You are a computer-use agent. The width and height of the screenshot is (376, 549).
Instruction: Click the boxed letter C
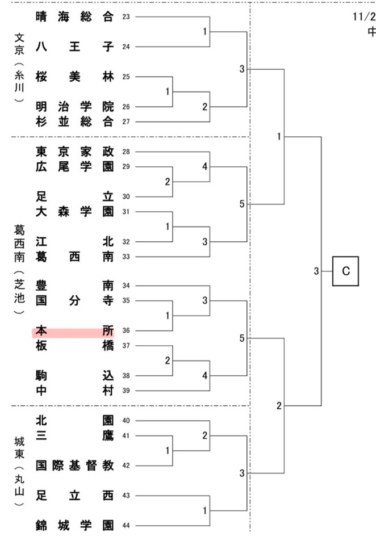346,271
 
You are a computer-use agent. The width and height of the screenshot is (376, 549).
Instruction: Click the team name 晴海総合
74,16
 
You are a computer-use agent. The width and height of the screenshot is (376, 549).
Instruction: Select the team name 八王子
74,47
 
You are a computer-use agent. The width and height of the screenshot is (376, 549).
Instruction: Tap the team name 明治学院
74,106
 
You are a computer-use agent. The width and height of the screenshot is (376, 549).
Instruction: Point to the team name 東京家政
74,152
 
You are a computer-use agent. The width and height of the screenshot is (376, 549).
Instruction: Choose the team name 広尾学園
74,166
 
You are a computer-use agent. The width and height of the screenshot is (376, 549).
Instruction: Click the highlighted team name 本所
74,330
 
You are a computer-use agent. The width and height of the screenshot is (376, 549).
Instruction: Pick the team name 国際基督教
74,466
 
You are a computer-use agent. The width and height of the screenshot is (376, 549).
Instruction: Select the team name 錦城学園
74,525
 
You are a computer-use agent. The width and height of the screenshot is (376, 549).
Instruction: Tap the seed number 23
126,17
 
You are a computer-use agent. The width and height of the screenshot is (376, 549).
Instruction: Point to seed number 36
126,331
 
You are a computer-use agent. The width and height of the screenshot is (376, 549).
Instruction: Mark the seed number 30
126,196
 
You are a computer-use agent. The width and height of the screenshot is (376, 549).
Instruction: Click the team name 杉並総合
74,121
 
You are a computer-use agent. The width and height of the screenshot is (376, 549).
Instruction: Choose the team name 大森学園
74,212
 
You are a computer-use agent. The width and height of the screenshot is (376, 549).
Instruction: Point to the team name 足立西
74,495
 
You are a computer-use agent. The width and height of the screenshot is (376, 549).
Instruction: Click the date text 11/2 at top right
363,16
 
